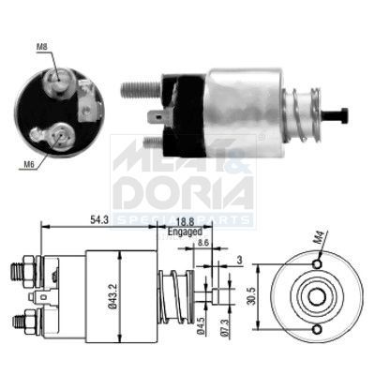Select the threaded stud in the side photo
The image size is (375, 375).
click(x=139, y=90)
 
